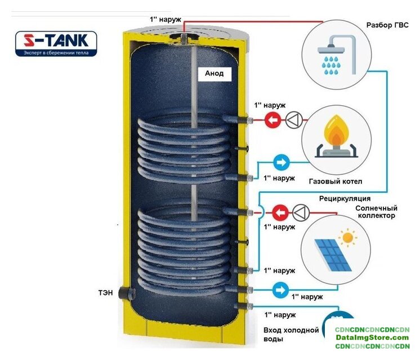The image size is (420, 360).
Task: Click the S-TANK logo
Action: [56, 43]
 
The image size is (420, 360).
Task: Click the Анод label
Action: [214, 74]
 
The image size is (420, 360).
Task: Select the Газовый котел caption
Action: [335, 182]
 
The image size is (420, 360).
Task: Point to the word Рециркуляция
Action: [345, 199]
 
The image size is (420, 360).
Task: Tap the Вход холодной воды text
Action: [291, 335]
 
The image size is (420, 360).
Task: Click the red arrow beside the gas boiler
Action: [273, 119]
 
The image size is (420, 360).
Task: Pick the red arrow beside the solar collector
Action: [280, 213]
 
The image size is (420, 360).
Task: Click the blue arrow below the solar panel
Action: [280, 290]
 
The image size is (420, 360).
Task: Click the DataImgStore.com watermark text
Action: [372, 337]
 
